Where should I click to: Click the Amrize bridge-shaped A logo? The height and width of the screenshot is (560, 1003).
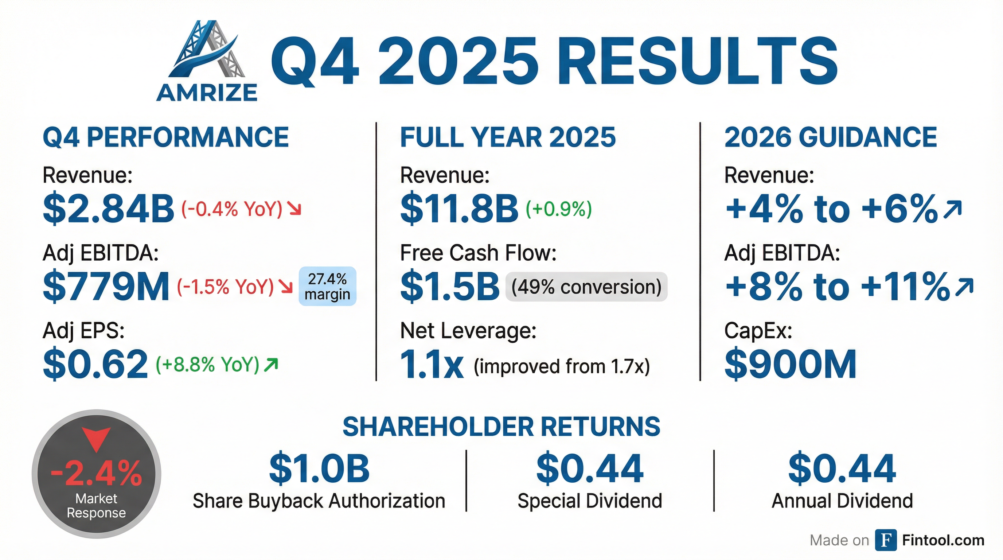tap(207, 51)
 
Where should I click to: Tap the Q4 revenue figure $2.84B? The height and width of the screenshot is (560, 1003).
tap(109, 209)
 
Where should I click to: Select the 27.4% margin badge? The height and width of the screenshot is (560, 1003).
tap(327, 286)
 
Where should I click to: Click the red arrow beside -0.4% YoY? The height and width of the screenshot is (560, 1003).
tap(294, 210)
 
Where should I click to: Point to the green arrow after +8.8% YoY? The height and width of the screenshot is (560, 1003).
tap(271, 364)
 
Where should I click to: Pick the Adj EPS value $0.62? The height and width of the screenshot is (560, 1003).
tap(95, 364)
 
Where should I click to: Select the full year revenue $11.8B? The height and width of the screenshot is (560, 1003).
tap(459, 209)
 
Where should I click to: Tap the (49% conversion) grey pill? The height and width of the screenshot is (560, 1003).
tap(586, 287)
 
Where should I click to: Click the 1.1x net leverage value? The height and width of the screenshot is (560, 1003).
tap(432, 365)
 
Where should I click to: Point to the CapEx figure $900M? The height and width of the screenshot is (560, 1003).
tap(791, 364)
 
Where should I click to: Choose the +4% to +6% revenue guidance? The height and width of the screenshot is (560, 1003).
tap(832, 209)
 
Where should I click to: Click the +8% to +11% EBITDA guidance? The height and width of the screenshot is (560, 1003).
tap(837, 287)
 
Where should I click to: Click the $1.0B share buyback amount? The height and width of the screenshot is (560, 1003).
tap(319, 468)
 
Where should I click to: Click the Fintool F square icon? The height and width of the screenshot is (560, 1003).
tap(886, 540)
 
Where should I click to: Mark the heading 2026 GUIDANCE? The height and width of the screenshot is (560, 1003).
tap(831, 137)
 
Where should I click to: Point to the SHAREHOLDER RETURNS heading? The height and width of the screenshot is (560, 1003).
tap(501, 427)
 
